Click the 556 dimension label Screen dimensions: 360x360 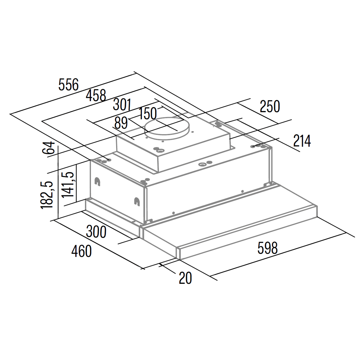[69, 84]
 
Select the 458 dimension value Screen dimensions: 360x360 [96, 95]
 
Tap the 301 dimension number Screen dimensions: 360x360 [122, 105]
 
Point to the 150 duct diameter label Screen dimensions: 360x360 [148, 113]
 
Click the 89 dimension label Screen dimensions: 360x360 [121, 123]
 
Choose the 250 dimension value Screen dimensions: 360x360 [270, 106]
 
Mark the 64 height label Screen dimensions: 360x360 [49, 148]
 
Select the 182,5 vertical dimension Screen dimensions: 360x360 [47, 195]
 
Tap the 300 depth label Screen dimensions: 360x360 [96, 232]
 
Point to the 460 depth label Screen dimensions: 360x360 [82, 251]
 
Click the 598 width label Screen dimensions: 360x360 [267, 248]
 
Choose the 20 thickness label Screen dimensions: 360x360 [185, 278]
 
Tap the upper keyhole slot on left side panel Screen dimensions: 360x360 [97, 181]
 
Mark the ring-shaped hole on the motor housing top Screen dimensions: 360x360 [161, 150]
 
